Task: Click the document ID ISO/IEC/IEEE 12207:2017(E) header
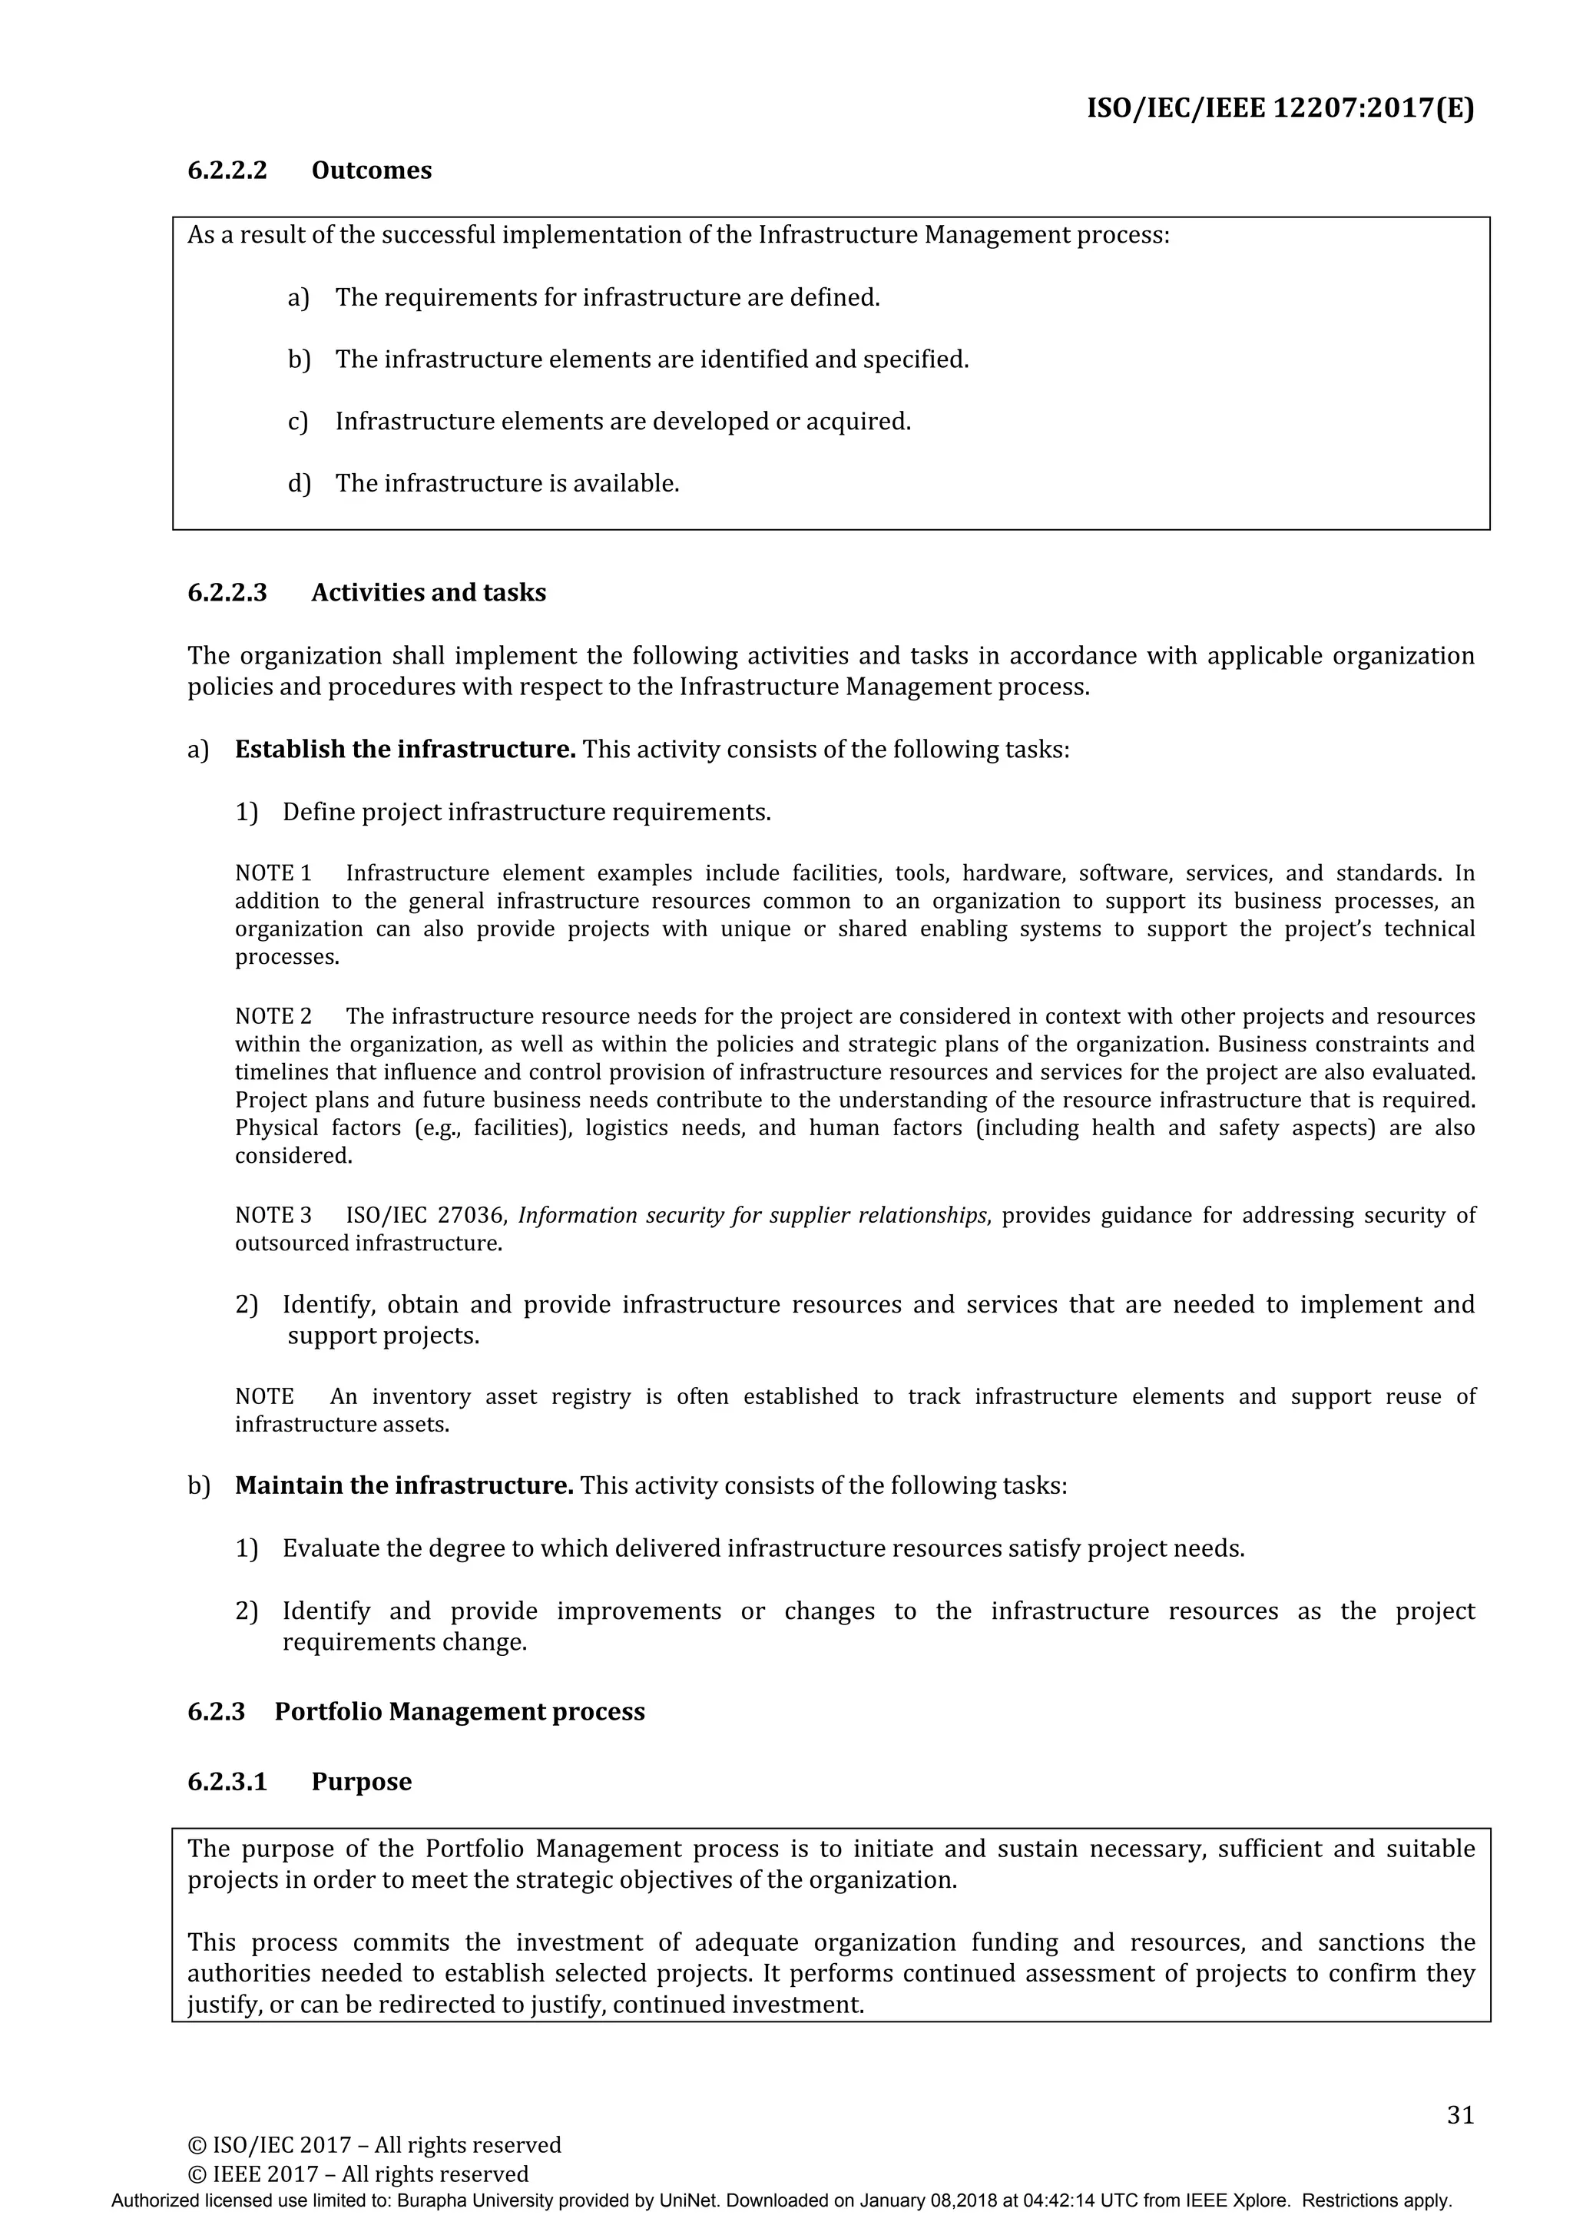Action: pyautogui.click(x=1280, y=108)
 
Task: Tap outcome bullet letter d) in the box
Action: pyautogui.click(x=299, y=484)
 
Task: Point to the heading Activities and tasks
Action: pyautogui.click(x=429, y=593)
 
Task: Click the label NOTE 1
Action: pyautogui.click(x=273, y=874)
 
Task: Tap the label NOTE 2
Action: pyautogui.click(x=273, y=1017)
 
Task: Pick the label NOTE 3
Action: pyautogui.click(x=273, y=1215)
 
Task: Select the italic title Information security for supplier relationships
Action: pyautogui.click(x=752, y=1215)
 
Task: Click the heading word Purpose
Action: pyautogui.click(x=362, y=1782)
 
